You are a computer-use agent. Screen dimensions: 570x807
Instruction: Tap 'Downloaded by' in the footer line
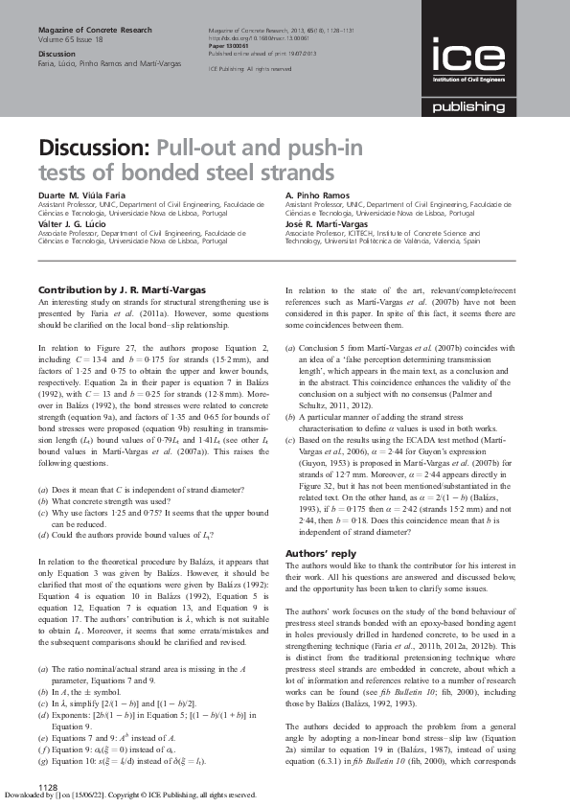point(29,795)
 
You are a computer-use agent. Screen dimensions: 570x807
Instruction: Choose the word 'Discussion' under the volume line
point(56,55)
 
